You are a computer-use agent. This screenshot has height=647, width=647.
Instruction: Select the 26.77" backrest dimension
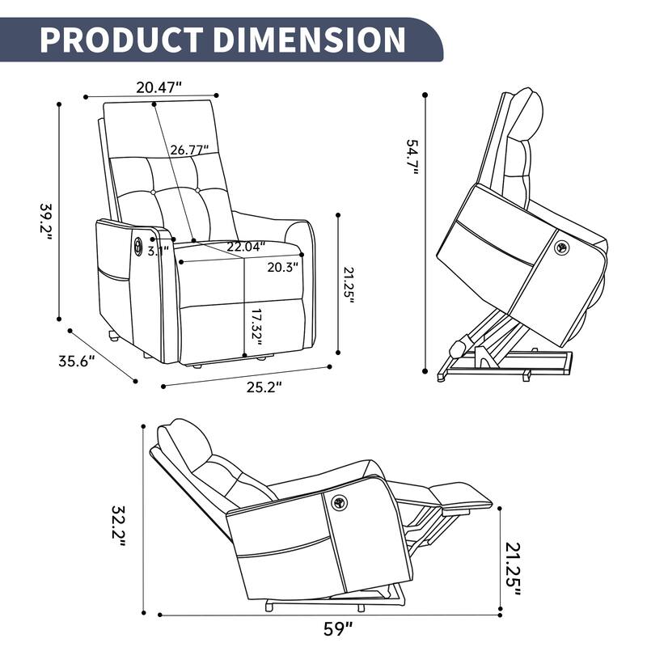tap(189, 150)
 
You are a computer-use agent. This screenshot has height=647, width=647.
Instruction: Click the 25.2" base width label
tap(264, 387)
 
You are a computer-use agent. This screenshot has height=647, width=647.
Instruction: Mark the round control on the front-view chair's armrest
tap(138, 244)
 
